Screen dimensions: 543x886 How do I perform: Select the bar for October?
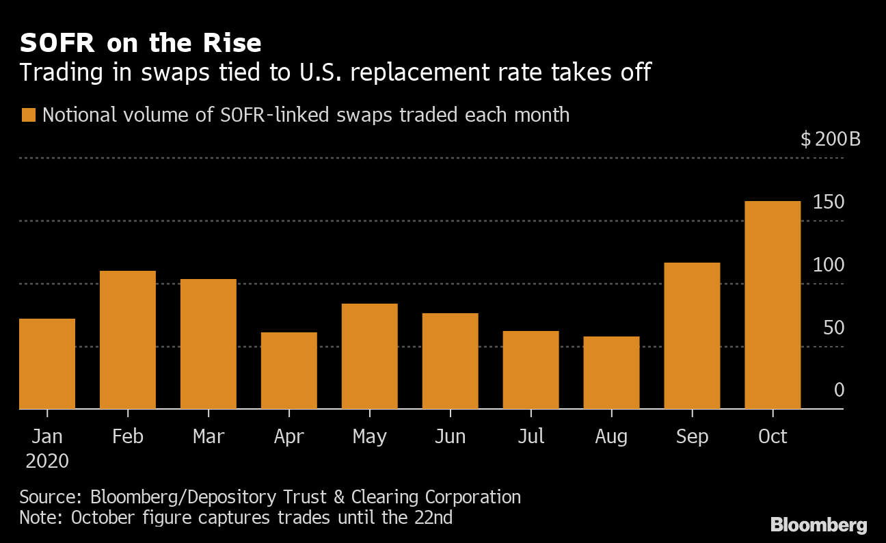point(773,305)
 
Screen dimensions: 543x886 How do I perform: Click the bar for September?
point(692,336)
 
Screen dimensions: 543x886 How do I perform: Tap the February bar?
point(128,340)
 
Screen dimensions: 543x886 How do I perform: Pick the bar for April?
point(288,371)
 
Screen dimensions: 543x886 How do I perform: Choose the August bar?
point(611,373)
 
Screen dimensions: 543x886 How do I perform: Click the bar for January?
point(47,364)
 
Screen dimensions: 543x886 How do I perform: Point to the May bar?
point(369,356)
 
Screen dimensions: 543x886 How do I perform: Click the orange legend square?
point(28,115)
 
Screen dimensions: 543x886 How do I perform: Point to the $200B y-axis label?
point(830,140)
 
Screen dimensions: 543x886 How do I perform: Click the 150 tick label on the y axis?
point(829,202)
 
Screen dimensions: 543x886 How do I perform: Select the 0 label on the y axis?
point(839,390)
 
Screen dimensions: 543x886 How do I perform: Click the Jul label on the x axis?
point(531,436)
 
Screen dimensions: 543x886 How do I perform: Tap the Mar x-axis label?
point(209,436)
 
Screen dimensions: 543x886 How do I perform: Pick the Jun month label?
point(450,436)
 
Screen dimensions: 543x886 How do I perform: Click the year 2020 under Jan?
point(47,462)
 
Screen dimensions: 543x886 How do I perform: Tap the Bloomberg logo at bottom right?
point(818,525)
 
